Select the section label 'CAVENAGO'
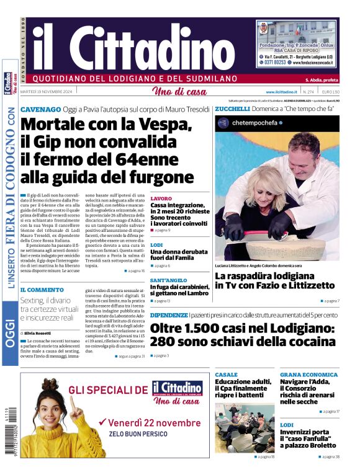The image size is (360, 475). pos(40,109)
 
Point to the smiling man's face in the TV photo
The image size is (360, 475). pos(304,151)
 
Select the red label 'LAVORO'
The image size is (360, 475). pos(161,198)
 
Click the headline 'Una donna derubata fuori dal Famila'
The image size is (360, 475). pos(179,254)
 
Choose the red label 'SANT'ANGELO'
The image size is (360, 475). pos(169,280)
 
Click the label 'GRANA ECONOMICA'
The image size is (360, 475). pos(308,375)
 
